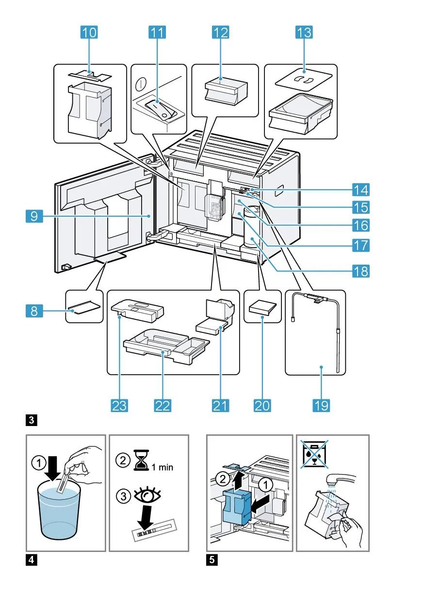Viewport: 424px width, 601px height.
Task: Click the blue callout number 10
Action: [x=89, y=32]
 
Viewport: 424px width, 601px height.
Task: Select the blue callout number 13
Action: [x=304, y=32]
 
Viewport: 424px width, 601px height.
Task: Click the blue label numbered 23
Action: [x=119, y=405]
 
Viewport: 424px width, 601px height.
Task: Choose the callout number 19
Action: [x=320, y=405]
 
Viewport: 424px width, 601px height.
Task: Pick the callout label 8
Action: [x=33, y=310]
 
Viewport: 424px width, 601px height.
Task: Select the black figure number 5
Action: [x=212, y=560]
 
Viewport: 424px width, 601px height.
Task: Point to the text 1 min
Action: [x=162, y=468]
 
